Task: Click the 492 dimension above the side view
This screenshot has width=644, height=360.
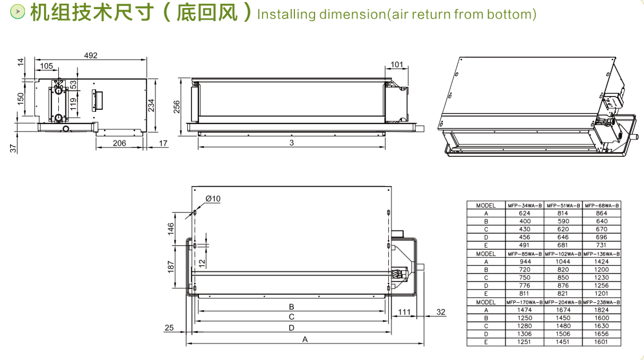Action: pos(91,55)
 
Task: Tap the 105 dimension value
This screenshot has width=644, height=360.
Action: pos(47,66)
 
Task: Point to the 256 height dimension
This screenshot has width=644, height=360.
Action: pos(177,107)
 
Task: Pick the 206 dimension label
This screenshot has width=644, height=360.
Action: pos(119,143)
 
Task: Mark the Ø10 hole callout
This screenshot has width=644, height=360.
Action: pos(213,198)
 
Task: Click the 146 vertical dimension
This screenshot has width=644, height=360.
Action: pos(171,229)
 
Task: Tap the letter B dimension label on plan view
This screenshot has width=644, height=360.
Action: pos(291,306)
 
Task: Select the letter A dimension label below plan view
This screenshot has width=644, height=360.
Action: pos(305,339)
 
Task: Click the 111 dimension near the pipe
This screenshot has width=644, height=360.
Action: pos(404,312)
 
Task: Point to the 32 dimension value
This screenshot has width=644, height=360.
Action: pos(441,312)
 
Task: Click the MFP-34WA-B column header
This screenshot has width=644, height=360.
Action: pos(525,205)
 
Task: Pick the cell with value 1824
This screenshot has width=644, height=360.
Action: pos(602,310)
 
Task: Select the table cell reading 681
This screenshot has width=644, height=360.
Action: pos(563,245)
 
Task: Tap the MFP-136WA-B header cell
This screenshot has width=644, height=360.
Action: pos(602,253)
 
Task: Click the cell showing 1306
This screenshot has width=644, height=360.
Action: pos(525,334)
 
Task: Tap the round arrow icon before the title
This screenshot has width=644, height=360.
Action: pos(19,11)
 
